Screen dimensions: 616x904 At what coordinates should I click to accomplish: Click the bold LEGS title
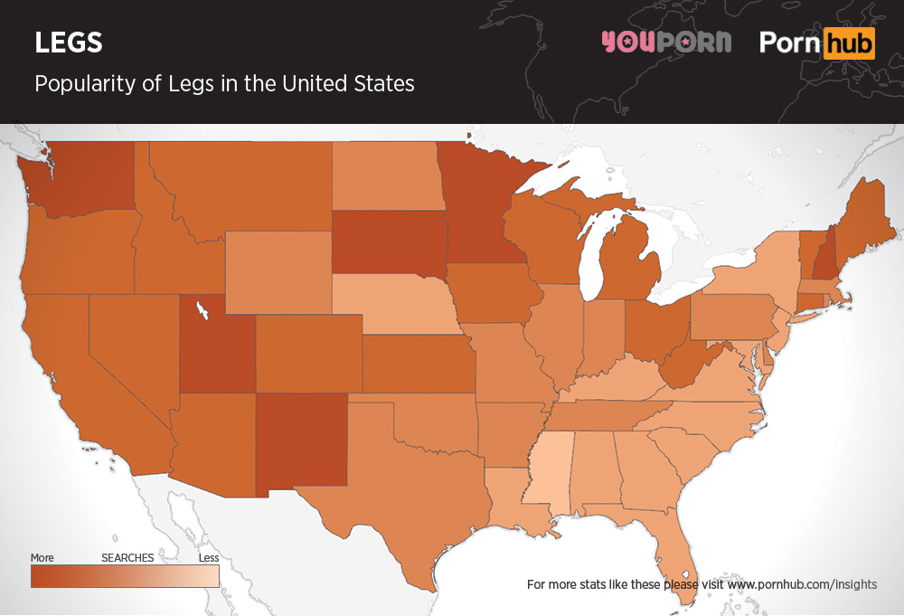click(x=69, y=43)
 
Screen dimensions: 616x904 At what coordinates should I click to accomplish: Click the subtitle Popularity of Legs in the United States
click(x=224, y=84)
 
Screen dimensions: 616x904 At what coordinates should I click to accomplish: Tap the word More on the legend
click(x=42, y=558)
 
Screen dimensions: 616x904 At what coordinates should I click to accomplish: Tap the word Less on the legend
click(x=208, y=558)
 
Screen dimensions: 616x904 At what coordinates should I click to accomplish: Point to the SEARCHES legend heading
click(x=127, y=558)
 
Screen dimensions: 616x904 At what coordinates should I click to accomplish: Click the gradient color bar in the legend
click(x=125, y=575)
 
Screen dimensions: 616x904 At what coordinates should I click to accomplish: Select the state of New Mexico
click(x=303, y=443)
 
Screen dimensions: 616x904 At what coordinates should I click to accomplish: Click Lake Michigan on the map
click(x=592, y=258)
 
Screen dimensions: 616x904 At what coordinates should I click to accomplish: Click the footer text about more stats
click(x=702, y=584)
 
